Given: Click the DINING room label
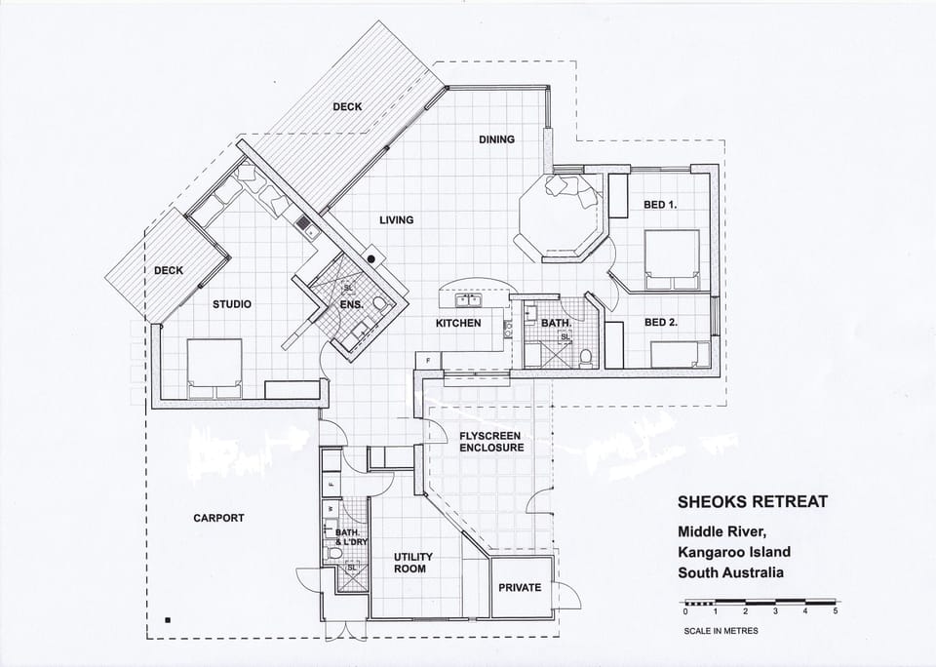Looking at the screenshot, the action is click(496, 139).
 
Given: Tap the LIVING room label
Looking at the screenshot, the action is click(397, 219).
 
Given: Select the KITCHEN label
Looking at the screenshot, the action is click(458, 323).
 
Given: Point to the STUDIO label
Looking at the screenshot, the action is click(232, 304).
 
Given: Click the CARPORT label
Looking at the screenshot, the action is click(218, 518).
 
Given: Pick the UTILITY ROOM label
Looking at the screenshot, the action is click(413, 563).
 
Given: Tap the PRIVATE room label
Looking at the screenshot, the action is click(520, 588).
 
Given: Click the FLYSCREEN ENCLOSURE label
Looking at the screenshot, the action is click(491, 442).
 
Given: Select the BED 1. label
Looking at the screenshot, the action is click(660, 204).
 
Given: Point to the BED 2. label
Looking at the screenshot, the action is click(661, 323).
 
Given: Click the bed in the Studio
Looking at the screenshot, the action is click(214, 369).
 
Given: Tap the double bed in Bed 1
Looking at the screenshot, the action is click(672, 259).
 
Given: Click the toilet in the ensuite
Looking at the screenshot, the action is click(380, 304).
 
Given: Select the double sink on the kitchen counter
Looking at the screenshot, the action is click(469, 299).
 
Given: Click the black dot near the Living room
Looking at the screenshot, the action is click(371, 258).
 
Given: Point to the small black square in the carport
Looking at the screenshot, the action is click(168, 620).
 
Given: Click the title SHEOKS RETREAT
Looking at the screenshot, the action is click(753, 501).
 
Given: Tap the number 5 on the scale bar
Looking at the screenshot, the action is click(836, 611).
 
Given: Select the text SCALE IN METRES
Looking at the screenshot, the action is click(721, 631).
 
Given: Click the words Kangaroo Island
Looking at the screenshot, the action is click(734, 552).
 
